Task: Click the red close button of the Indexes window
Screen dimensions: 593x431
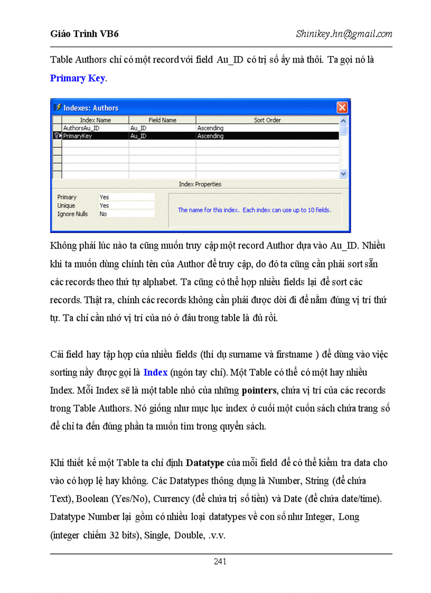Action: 342,108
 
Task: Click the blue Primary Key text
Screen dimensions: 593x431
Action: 78,78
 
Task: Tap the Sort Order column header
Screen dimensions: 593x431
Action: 267,120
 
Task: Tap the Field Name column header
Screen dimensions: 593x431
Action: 162,120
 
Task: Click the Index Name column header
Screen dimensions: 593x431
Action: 95,120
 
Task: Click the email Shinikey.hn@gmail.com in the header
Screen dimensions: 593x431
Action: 344,34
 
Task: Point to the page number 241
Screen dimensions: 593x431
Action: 220,561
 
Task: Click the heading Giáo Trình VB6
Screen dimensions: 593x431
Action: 85,34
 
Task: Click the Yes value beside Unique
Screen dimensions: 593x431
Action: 105,205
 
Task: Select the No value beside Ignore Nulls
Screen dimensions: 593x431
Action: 103,214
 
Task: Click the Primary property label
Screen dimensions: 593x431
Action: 67,197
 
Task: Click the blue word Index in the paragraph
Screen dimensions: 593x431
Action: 155,372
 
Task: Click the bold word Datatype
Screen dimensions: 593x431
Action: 205,463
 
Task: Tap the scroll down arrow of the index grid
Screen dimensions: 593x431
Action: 343,173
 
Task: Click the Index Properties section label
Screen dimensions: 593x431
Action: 200,184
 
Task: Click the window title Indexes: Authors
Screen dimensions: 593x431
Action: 91,108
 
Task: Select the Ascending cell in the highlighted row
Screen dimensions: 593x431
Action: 210,136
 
